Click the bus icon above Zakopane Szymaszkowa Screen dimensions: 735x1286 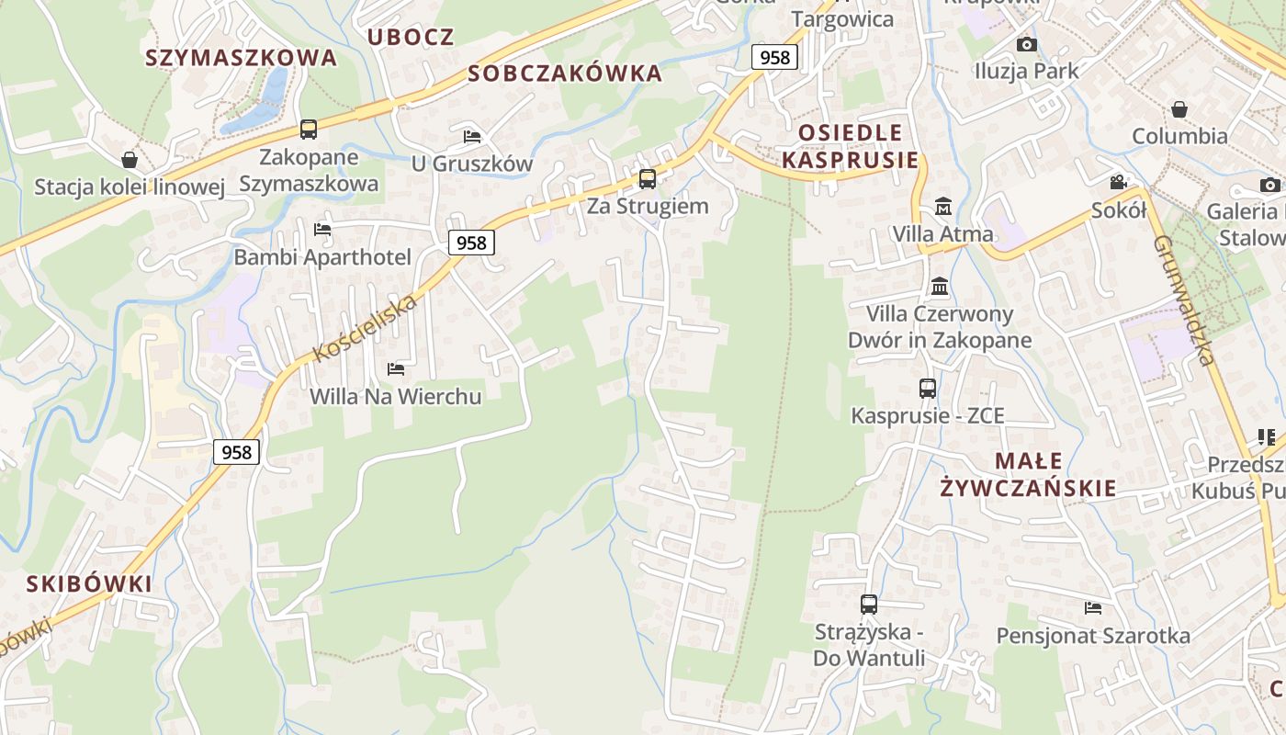309,130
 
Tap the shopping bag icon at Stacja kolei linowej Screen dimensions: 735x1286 130,161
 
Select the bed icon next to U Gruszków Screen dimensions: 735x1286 472,137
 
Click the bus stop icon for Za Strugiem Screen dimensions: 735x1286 648,178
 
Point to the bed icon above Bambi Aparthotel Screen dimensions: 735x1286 322,230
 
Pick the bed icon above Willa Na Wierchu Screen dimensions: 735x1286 396,369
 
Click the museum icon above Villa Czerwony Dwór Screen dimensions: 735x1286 940,287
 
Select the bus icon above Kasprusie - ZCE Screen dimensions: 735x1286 928,389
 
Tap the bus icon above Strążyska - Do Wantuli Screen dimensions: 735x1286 869,605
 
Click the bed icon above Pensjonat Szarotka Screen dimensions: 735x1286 1093,608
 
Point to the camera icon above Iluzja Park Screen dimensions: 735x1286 1027,44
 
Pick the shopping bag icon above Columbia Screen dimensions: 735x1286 1179,109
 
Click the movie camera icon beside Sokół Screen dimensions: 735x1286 1119,182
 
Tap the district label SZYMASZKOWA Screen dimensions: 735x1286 242,58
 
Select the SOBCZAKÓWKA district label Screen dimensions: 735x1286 565,73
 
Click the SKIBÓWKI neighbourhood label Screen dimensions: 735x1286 89,584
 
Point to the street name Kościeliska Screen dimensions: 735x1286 365,328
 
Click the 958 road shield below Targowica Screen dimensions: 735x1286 775,57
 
